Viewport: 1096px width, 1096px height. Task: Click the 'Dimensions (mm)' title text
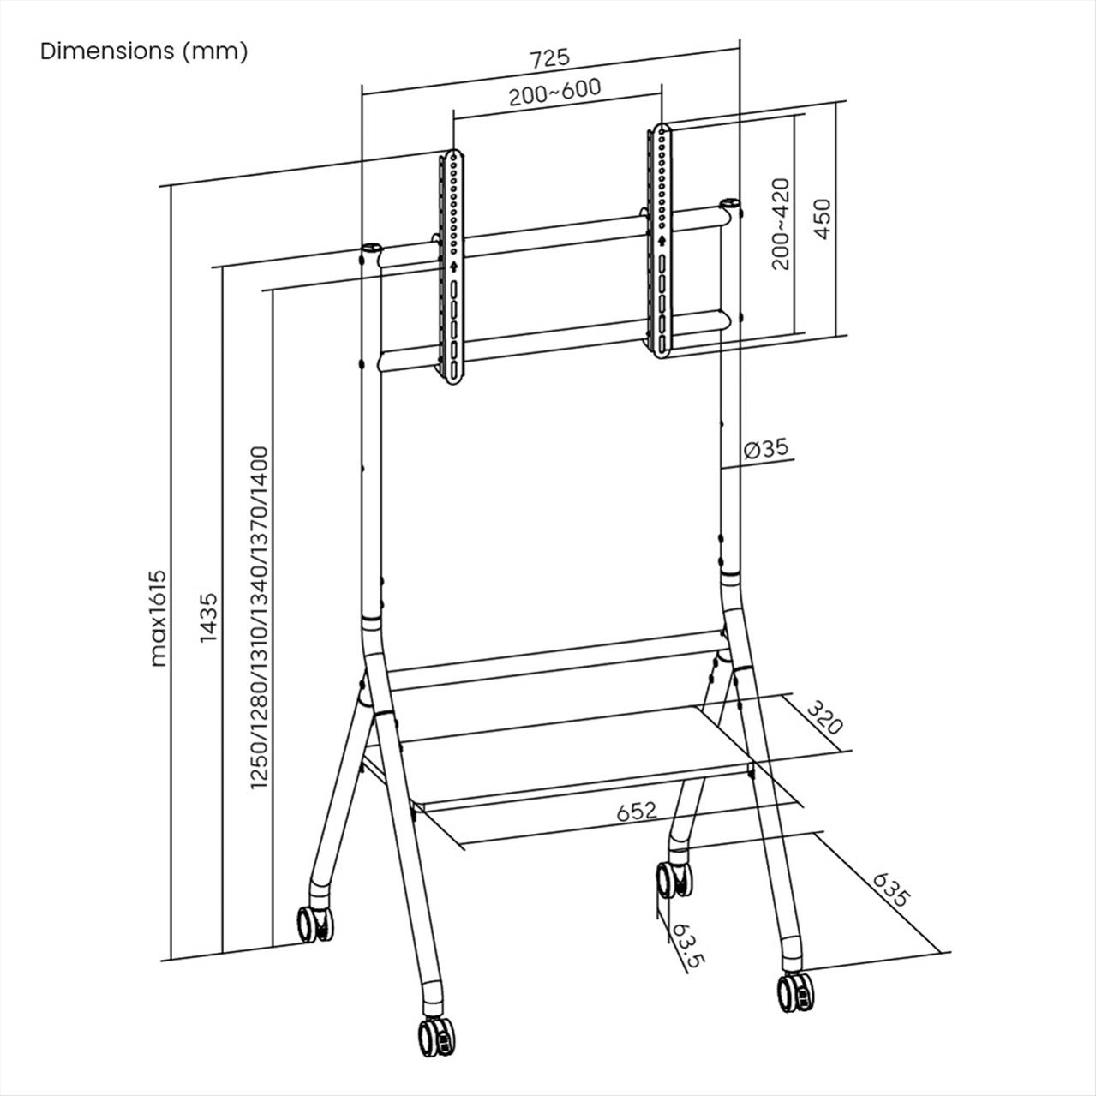(x=144, y=51)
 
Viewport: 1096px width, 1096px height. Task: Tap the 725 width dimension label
(x=549, y=59)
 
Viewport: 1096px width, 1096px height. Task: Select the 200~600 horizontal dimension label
(x=554, y=93)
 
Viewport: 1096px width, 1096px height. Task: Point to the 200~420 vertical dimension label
(x=781, y=224)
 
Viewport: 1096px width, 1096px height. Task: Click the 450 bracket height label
(x=823, y=219)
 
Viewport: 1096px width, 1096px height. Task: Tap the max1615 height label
(x=159, y=618)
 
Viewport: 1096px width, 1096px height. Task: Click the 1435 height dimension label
(x=209, y=618)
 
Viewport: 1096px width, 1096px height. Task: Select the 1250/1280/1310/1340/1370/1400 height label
(x=259, y=618)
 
